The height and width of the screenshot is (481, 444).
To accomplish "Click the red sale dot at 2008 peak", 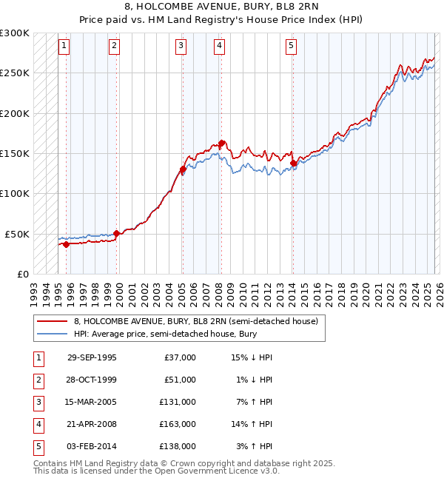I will [221, 144].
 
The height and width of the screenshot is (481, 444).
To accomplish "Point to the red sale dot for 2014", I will [293, 164].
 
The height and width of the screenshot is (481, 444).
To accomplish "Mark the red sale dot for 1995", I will [66, 244].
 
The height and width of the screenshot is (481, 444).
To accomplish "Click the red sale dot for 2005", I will [182, 169].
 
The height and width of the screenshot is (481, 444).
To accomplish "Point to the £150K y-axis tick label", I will [15, 153].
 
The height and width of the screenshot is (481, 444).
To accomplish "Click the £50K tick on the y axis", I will [17, 234].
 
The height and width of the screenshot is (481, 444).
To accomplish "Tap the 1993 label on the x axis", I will [33, 292].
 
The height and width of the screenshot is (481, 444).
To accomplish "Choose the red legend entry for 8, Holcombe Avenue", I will [195, 321].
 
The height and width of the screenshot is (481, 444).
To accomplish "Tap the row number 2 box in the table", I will [38, 380].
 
